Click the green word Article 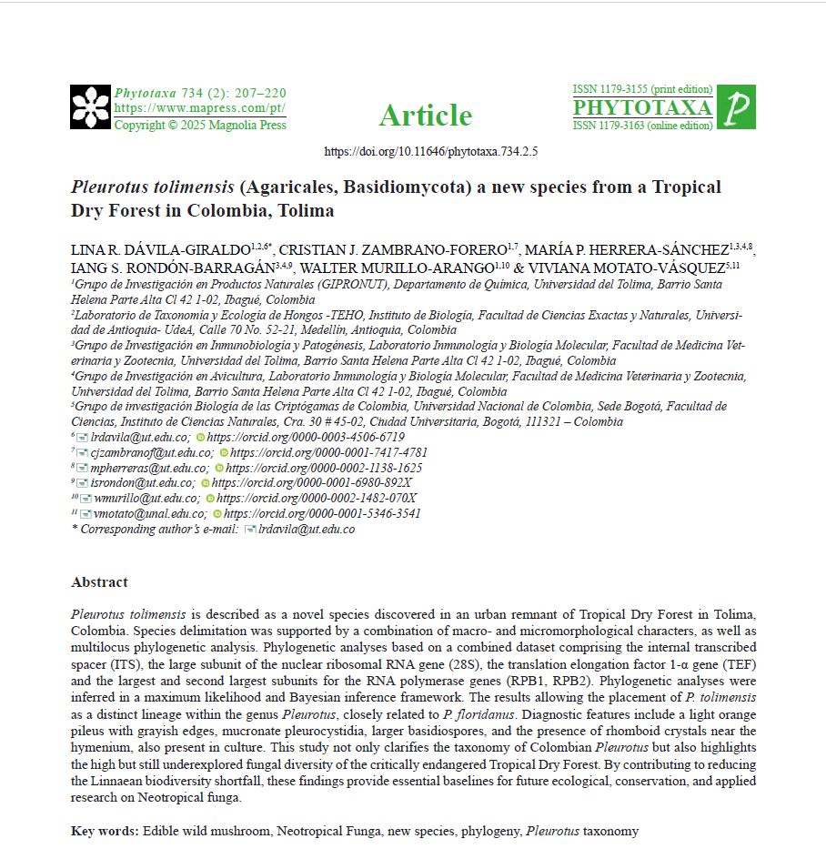click(x=425, y=116)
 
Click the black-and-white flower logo click(x=90, y=106)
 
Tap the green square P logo click(x=736, y=107)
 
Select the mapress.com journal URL click(x=199, y=108)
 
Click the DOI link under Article click(x=431, y=151)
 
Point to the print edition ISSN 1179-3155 click(x=642, y=89)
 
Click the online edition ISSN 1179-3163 click(x=642, y=126)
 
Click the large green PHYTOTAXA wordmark click(x=642, y=107)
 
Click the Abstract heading click(x=99, y=582)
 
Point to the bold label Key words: click(x=105, y=831)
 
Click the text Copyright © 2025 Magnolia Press click(x=200, y=125)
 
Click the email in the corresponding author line click(x=307, y=529)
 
